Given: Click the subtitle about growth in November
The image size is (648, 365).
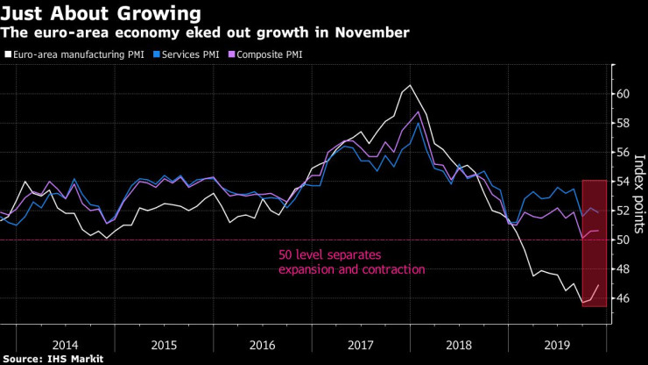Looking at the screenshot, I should (205, 32).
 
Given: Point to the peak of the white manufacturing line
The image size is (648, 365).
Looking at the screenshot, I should (411, 85).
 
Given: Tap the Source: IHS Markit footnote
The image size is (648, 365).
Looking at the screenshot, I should (53, 358).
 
